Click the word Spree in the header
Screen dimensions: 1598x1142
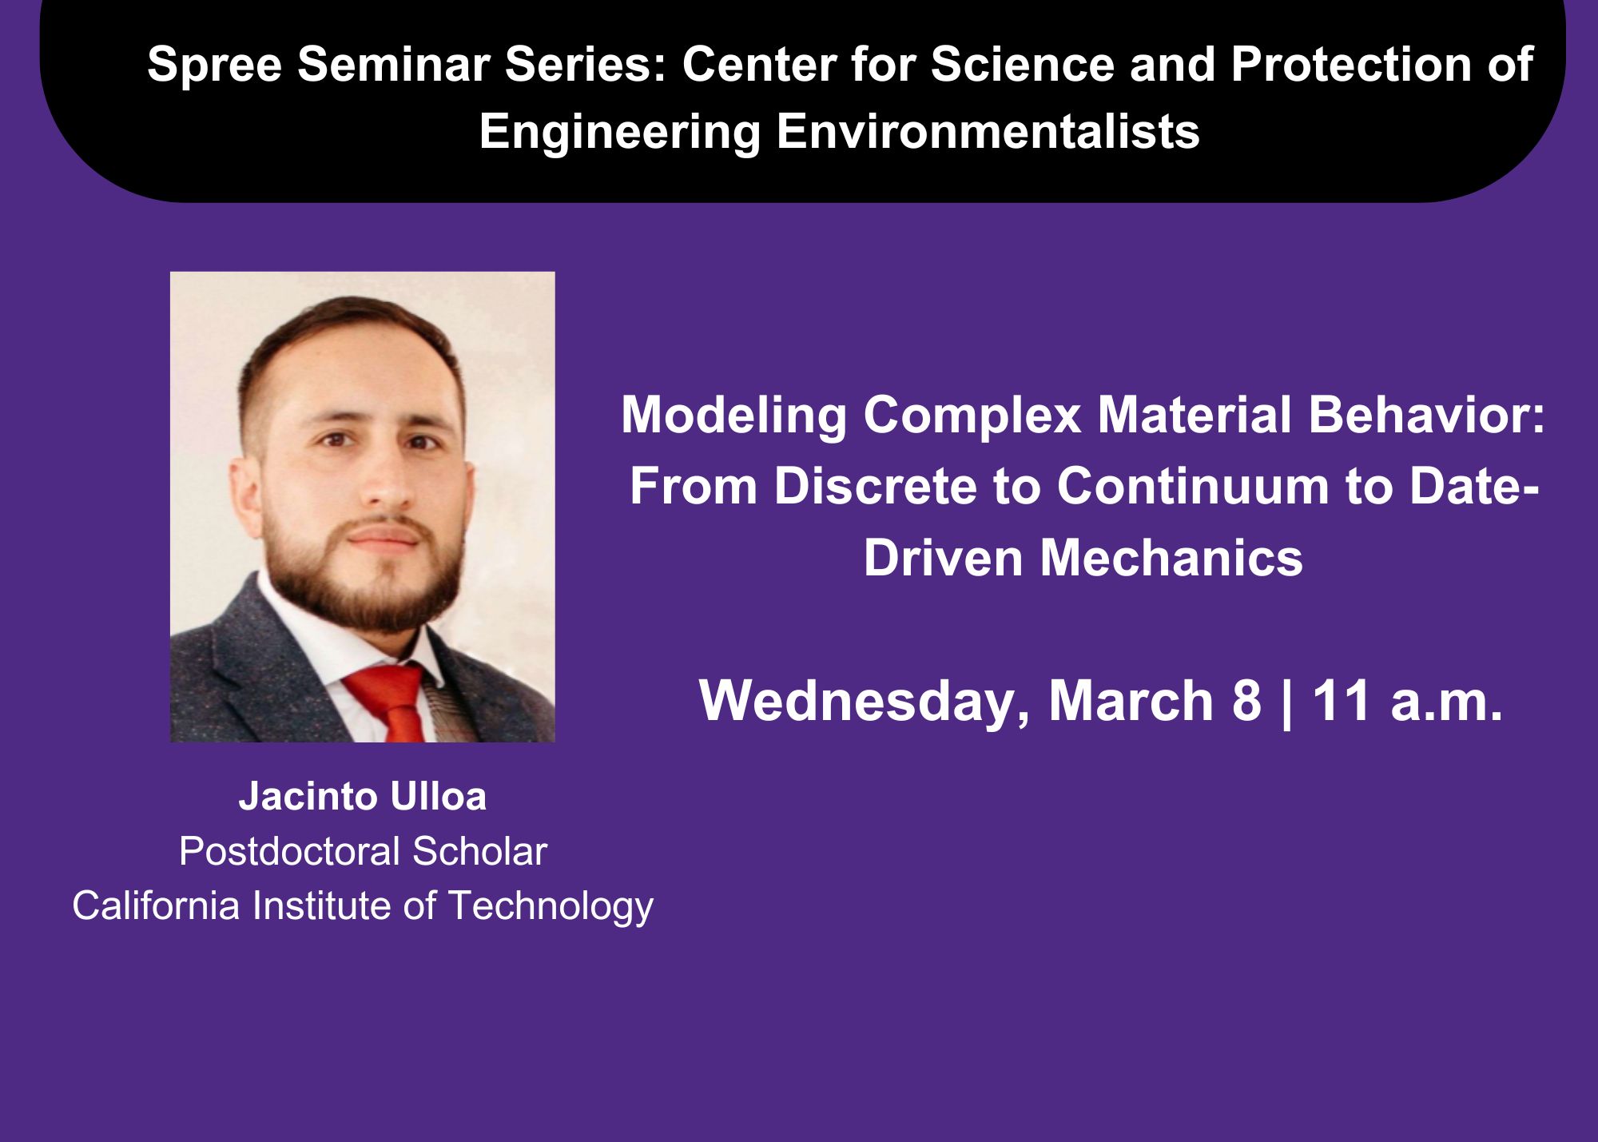coord(214,66)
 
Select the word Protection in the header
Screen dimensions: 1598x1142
coord(1351,64)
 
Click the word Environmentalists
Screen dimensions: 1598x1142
coord(988,131)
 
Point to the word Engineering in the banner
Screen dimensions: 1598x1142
coord(619,133)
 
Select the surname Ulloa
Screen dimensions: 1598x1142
coord(438,797)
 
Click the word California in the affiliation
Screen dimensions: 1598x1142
coord(156,905)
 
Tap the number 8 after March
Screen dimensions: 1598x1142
coord(1246,701)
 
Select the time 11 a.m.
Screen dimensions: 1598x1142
coord(1407,701)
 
